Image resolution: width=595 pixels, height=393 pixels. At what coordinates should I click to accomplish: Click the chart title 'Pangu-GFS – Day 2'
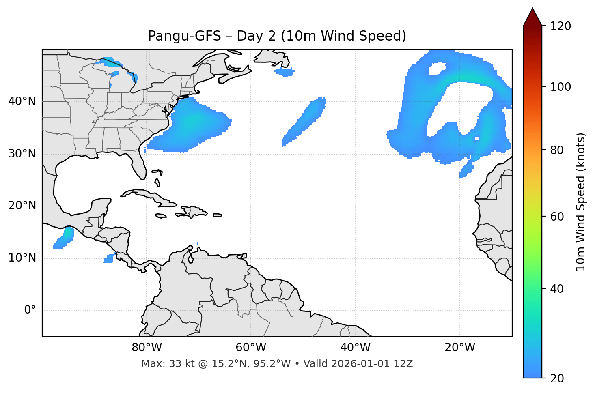tap(277, 36)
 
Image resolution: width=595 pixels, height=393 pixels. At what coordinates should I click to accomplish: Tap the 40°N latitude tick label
tap(22, 101)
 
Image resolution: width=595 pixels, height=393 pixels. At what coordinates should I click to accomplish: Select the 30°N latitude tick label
tap(22, 153)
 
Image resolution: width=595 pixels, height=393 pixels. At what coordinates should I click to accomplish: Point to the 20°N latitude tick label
tap(22, 206)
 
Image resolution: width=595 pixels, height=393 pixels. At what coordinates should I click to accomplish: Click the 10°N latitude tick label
tap(22, 258)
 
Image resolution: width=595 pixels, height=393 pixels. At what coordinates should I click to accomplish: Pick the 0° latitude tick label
tap(30, 310)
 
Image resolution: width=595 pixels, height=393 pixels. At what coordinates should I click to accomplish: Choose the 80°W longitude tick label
tap(147, 348)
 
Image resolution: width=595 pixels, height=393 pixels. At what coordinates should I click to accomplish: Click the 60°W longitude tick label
tap(251, 348)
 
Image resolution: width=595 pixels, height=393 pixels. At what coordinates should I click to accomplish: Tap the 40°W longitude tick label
tap(355, 348)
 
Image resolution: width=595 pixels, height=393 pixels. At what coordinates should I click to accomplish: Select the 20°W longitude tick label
tap(459, 348)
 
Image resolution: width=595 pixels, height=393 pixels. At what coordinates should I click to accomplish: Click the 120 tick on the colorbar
tap(561, 26)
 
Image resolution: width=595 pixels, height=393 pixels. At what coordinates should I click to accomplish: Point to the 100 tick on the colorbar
tap(561, 87)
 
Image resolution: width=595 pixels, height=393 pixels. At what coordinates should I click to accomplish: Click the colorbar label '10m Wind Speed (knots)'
tap(581, 202)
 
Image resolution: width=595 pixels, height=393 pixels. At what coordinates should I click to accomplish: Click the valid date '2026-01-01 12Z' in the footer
tap(372, 364)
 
